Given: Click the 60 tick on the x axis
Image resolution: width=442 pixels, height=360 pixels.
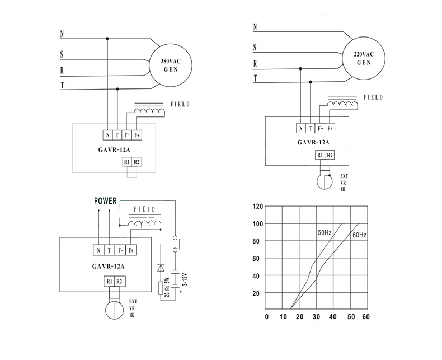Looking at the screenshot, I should pyautogui.click(x=366, y=317).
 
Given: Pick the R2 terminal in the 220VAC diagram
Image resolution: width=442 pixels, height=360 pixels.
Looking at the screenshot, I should pyautogui.click(x=330, y=155).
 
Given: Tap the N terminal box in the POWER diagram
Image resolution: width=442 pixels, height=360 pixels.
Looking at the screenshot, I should pyautogui.click(x=98, y=251).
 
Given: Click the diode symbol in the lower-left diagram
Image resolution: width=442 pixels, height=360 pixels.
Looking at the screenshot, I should pyautogui.click(x=161, y=267).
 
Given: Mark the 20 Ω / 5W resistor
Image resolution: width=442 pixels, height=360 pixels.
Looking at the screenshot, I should pyautogui.click(x=161, y=287).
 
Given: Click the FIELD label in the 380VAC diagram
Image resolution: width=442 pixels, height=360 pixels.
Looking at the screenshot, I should pyautogui.click(x=181, y=105).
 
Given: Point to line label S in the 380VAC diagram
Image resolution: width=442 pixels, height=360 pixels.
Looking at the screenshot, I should pyautogui.click(x=62, y=54).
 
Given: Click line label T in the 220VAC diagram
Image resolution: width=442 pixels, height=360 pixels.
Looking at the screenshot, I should pyautogui.click(x=255, y=79).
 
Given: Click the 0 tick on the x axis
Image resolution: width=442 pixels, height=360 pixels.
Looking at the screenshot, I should pyautogui.click(x=266, y=317).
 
